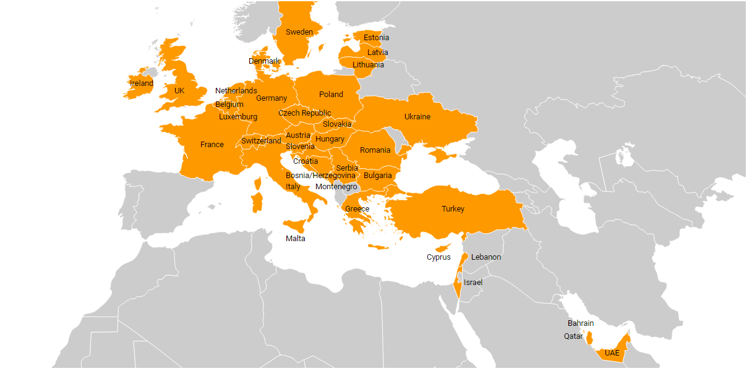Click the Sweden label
click(299, 32)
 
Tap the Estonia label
click(376, 38)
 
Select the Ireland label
click(141, 83)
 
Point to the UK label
click(179, 91)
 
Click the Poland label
click(331, 95)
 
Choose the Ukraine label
click(417, 117)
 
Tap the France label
click(212, 145)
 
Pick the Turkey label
click(453, 209)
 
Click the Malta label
click(295, 239)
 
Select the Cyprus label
click(438, 257)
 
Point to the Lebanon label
click(486, 257)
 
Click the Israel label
click(472, 283)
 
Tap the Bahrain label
click(581, 323)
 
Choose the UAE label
click(612, 353)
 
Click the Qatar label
click(573, 336)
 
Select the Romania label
click(375, 150)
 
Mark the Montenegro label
click(336, 187)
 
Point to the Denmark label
click(264, 61)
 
